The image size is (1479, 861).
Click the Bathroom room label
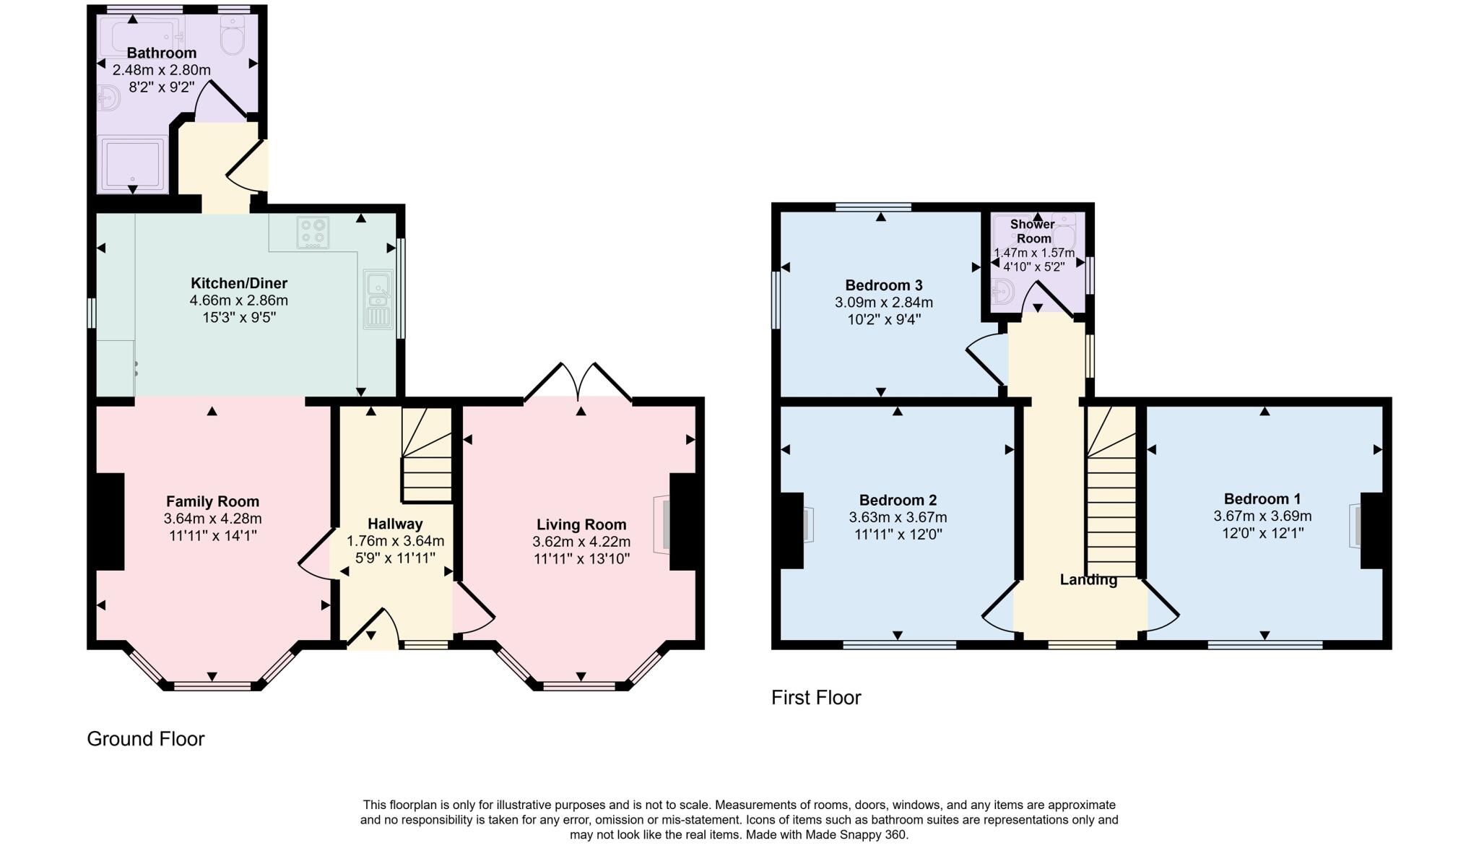[162, 53]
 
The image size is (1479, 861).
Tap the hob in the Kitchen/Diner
[313, 233]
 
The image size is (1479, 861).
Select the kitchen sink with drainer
[378, 299]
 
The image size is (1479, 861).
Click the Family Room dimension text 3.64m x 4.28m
[212, 519]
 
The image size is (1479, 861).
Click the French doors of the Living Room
[578, 381]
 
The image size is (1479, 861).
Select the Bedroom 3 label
[884, 285]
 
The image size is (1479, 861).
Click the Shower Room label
[1033, 231]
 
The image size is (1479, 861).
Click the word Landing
[1088, 579]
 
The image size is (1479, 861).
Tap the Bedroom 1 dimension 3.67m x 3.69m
[1262, 516]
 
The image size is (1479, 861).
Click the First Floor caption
[816, 698]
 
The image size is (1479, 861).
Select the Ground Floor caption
[146, 739]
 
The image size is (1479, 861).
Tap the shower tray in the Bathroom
[133, 165]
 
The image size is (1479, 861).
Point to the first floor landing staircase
[1111, 506]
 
